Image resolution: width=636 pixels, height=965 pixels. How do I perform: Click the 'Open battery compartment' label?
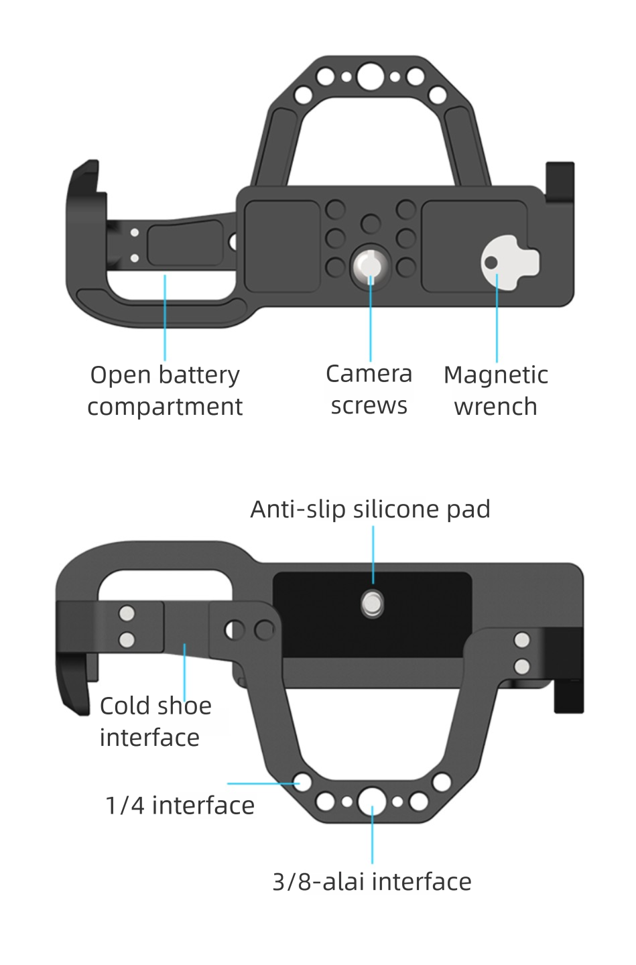pos(165,391)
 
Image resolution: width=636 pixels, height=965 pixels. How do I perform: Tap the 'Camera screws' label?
pos(369,389)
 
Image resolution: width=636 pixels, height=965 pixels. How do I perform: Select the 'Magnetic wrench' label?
pos(496,391)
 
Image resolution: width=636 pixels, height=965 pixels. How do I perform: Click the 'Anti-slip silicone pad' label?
pos(370,509)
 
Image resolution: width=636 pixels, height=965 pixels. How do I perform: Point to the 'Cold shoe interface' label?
pos(155,722)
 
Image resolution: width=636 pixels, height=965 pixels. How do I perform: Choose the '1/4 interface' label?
pos(180,805)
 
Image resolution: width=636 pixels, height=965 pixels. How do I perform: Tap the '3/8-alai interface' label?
pos(371,881)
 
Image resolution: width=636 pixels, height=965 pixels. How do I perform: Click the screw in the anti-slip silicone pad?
pos(373,604)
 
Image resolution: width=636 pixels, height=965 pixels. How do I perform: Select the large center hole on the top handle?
pos(370,76)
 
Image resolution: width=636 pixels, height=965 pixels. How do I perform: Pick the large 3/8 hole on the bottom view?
pos(372,801)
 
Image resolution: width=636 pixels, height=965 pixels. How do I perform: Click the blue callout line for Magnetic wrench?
pos(497,322)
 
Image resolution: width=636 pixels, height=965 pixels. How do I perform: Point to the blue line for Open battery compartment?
pos(165,318)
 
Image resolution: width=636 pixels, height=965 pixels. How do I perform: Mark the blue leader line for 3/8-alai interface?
pos(372,838)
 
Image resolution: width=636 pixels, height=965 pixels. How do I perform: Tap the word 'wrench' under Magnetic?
pos(495,407)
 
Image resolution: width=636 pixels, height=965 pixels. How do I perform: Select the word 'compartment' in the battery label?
pos(165,407)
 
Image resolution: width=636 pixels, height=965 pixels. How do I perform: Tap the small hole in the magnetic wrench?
pos(491,262)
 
